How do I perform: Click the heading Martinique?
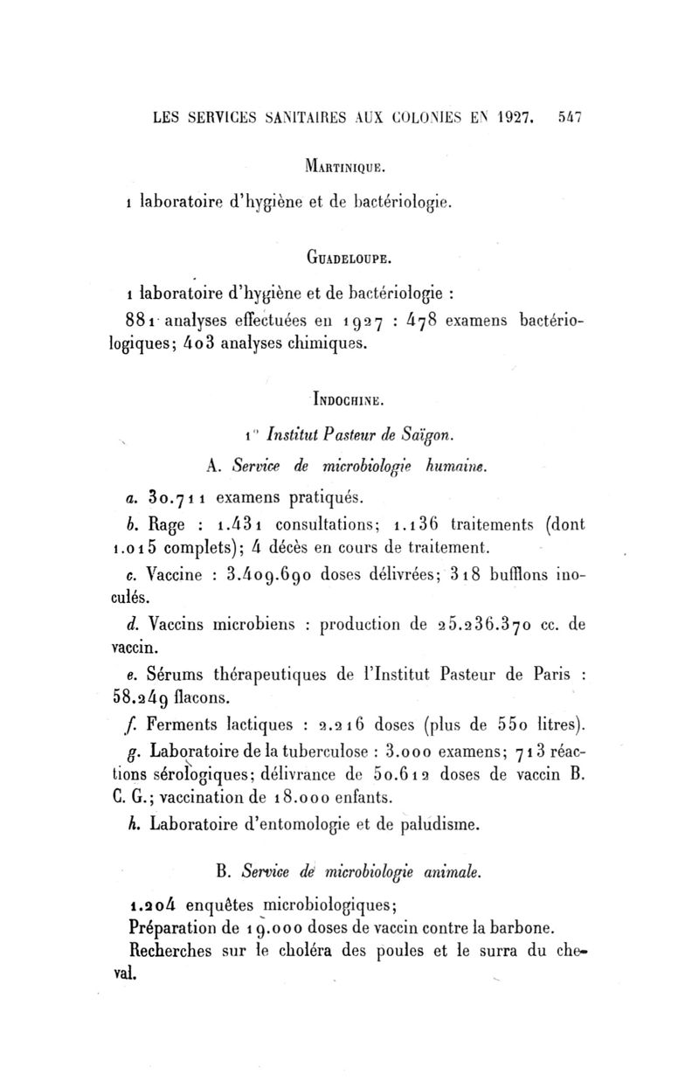349,164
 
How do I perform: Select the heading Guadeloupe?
349,259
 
